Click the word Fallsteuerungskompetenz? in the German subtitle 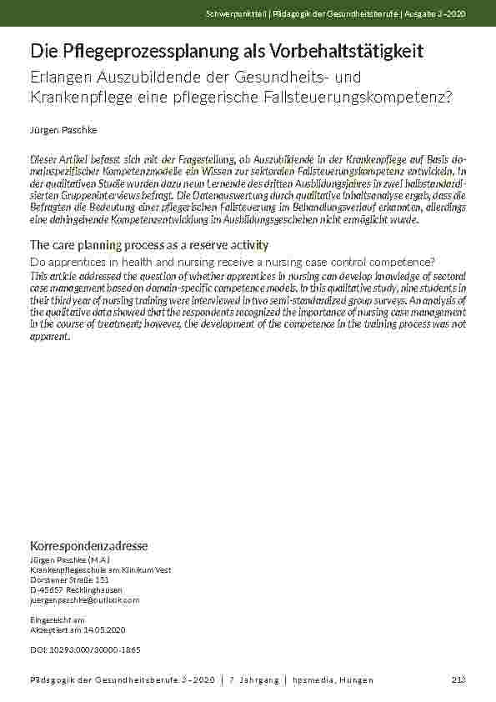click(370, 98)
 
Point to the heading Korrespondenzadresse click(88, 546)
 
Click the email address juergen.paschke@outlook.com click(84, 599)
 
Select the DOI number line click(84, 649)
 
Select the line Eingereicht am click(57, 620)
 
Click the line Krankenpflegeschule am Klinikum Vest click(100, 569)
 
